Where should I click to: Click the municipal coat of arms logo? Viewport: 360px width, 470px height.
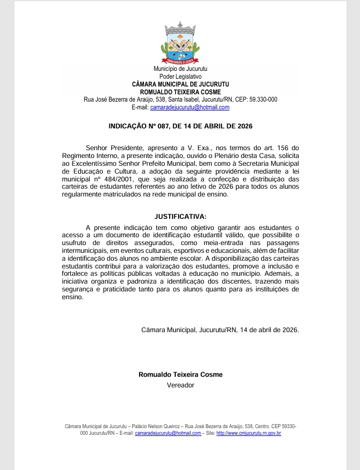tap(180, 43)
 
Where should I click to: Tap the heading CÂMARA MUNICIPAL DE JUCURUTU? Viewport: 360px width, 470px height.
tap(180, 84)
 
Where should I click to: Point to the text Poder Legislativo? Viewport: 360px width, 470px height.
tap(180, 76)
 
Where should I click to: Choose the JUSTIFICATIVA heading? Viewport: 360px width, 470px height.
tap(180, 216)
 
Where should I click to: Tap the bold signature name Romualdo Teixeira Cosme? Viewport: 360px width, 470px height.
tap(180, 375)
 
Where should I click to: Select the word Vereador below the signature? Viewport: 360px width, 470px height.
tap(180, 385)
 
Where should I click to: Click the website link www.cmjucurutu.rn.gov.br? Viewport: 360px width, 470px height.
tap(248, 433)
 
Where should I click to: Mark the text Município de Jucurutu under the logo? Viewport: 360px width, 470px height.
tap(180, 69)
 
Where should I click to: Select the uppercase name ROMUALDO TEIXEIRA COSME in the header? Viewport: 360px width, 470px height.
tap(180, 92)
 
